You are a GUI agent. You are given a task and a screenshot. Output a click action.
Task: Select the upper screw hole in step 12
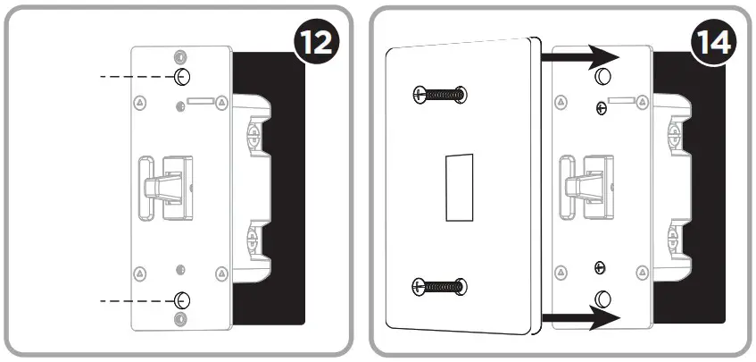point(181,76)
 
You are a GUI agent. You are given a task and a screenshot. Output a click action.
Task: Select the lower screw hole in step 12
point(181,299)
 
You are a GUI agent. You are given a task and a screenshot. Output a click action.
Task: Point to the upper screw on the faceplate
point(439,94)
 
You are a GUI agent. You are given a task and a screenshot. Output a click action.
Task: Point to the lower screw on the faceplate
point(439,286)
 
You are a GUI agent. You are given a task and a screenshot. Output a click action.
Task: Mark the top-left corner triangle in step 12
point(139,104)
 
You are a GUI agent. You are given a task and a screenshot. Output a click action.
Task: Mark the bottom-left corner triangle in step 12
point(139,273)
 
